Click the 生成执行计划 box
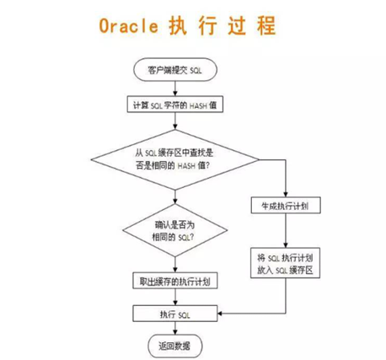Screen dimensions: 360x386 pyautogui.click(x=287, y=205)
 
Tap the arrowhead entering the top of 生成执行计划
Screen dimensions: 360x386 pyautogui.click(x=287, y=193)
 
